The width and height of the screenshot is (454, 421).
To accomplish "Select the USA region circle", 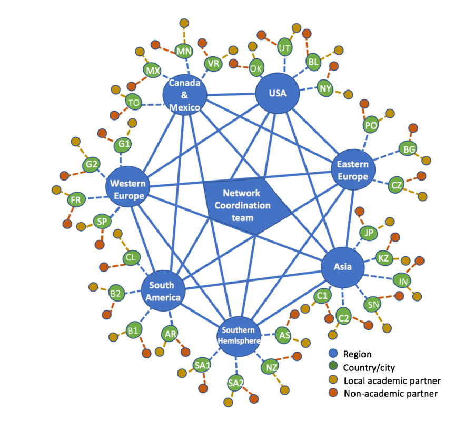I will (x=277, y=94).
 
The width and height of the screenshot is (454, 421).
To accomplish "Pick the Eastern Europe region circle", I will (x=353, y=169).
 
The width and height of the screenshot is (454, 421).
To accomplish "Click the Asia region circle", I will (x=343, y=267).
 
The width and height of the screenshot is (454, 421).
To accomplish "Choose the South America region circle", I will (x=164, y=292).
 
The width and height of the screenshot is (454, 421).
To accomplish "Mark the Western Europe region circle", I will (x=127, y=189).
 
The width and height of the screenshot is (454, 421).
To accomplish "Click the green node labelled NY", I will (x=325, y=88).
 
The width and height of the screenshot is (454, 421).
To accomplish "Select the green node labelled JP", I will (x=369, y=233).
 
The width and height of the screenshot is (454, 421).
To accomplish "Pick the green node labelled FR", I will (x=76, y=200).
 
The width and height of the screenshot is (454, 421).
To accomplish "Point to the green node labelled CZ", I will (x=397, y=185).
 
